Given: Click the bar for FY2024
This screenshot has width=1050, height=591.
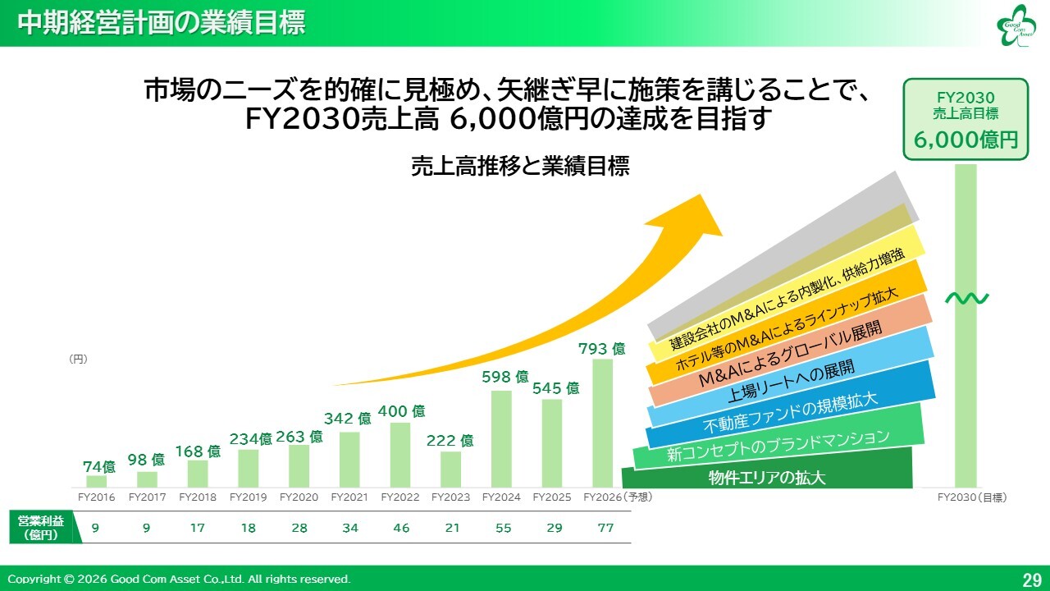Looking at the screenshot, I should pos(501,438).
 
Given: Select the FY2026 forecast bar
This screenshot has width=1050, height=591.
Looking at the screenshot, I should pos(602,423).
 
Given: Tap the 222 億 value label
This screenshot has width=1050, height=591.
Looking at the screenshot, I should pos(450,441).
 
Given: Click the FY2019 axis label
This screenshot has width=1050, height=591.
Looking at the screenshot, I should pos(248,497).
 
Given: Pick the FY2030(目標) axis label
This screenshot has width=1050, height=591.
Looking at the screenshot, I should pos(972,497).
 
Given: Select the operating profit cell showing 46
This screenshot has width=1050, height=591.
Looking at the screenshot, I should pos(401,528).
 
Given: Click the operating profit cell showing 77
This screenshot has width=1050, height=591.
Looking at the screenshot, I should pos(605,528).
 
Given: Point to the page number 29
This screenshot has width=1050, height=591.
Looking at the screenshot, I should pos(1031,580).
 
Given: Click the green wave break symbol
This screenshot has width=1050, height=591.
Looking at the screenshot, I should pos(966,298).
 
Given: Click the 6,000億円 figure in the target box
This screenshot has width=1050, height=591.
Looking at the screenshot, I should pos(966,140).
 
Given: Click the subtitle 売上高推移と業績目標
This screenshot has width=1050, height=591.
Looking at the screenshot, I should pos(520,167).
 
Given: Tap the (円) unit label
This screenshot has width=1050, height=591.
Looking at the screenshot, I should pos(78,359).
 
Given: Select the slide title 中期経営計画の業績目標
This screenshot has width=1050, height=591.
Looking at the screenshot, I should pos(162,23).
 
